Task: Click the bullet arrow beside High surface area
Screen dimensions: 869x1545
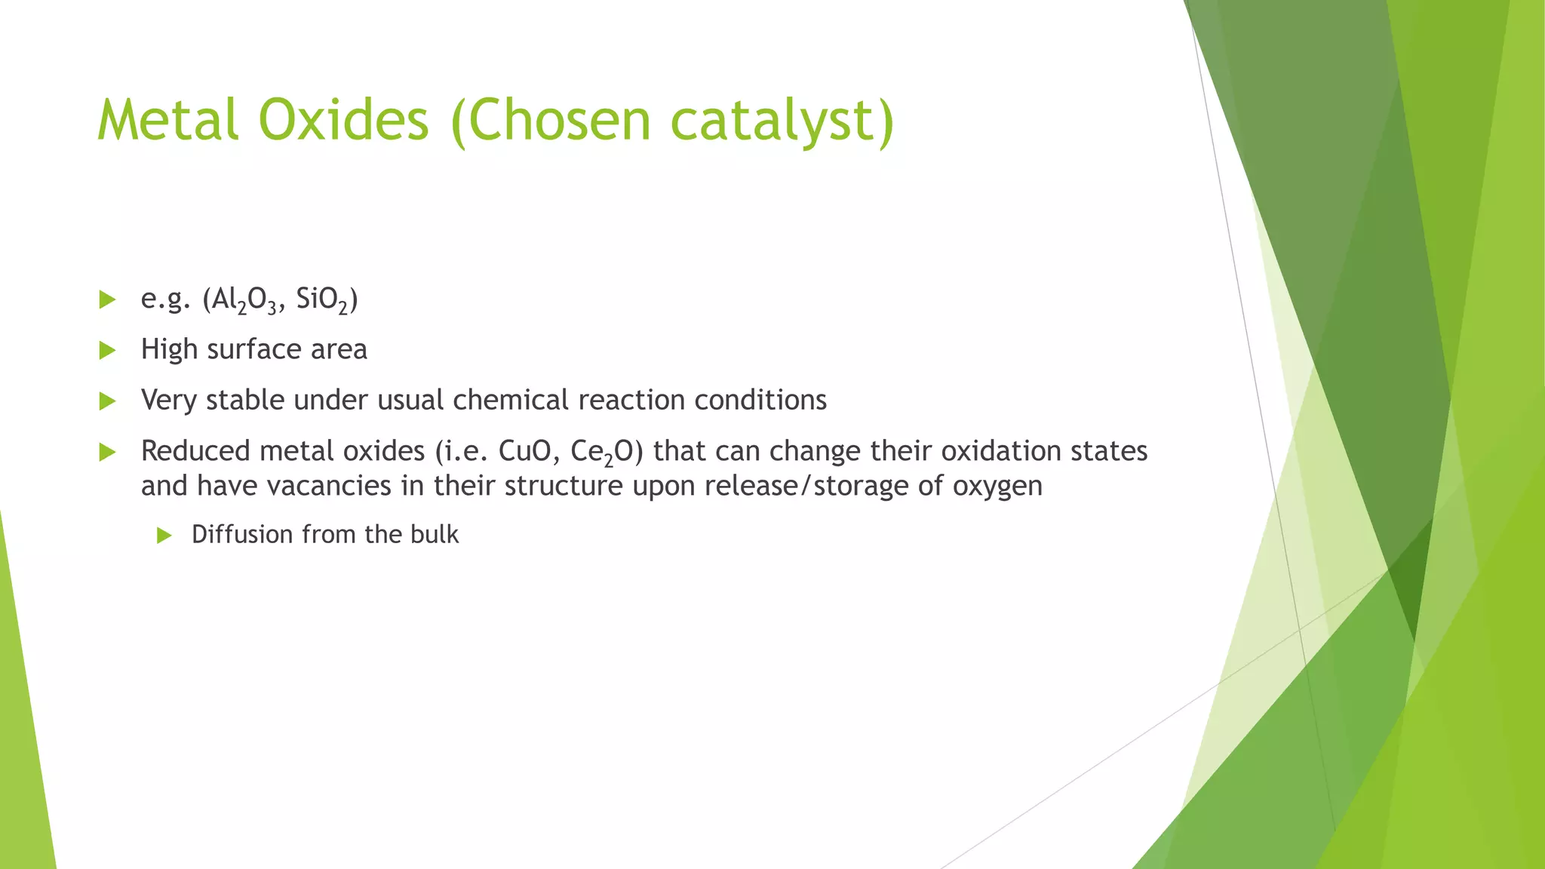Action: [x=107, y=350]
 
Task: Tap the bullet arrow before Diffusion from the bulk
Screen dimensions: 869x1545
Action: [x=164, y=536]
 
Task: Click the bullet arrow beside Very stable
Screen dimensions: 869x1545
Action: [x=107, y=401]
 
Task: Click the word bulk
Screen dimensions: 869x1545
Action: [x=435, y=534]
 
